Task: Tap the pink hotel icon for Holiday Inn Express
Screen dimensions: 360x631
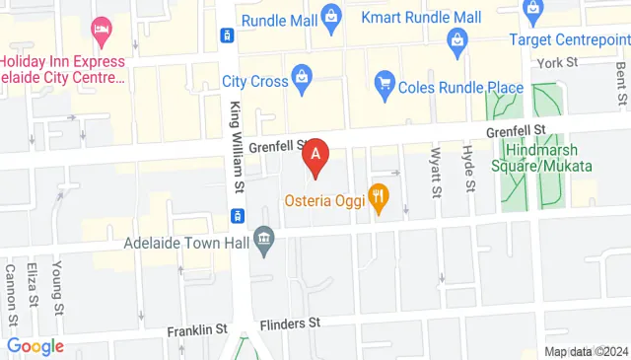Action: [99, 30]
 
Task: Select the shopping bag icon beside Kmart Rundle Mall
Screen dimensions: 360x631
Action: [332, 15]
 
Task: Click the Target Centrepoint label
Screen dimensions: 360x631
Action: [569, 38]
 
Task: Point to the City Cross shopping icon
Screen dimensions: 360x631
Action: [300, 80]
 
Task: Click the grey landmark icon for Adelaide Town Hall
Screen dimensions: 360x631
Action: [263, 238]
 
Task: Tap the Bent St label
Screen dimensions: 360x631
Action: [620, 82]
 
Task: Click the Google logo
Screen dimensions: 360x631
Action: [35, 346]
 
